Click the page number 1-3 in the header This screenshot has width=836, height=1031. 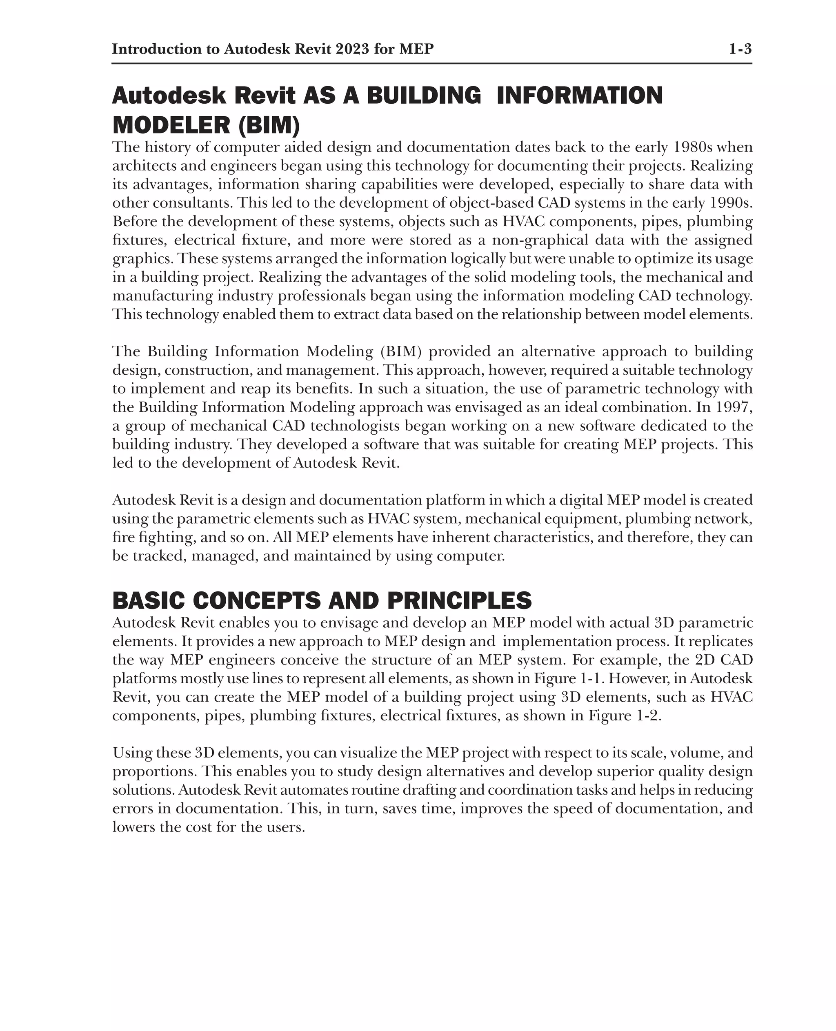coord(740,49)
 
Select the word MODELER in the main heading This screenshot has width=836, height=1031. coord(171,125)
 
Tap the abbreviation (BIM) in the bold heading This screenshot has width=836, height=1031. coord(269,125)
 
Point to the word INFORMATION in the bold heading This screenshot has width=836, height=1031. coord(579,96)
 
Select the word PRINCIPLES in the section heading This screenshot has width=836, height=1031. coord(459,600)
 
